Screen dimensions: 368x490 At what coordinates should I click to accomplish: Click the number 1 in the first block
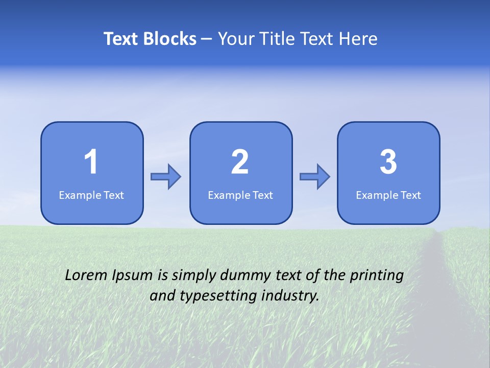[x=91, y=163]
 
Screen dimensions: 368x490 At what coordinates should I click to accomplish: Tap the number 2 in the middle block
[x=240, y=163]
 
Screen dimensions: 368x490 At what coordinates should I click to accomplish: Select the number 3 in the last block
[x=388, y=163]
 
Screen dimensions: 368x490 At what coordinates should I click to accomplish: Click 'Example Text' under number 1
[x=91, y=195]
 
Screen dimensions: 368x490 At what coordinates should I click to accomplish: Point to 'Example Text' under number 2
[x=240, y=195]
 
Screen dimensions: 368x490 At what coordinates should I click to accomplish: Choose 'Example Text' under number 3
[x=388, y=195]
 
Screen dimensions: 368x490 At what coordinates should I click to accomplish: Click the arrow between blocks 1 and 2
[x=166, y=177]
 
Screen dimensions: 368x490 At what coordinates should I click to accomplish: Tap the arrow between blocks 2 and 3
[x=315, y=177]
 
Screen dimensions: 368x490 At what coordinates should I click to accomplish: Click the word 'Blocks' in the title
[x=170, y=39]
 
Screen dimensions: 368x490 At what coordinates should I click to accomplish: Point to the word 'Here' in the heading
[x=360, y=39]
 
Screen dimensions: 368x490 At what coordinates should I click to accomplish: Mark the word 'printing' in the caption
[x=377, y=275]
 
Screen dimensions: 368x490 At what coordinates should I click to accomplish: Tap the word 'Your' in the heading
[x=234, y=39]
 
